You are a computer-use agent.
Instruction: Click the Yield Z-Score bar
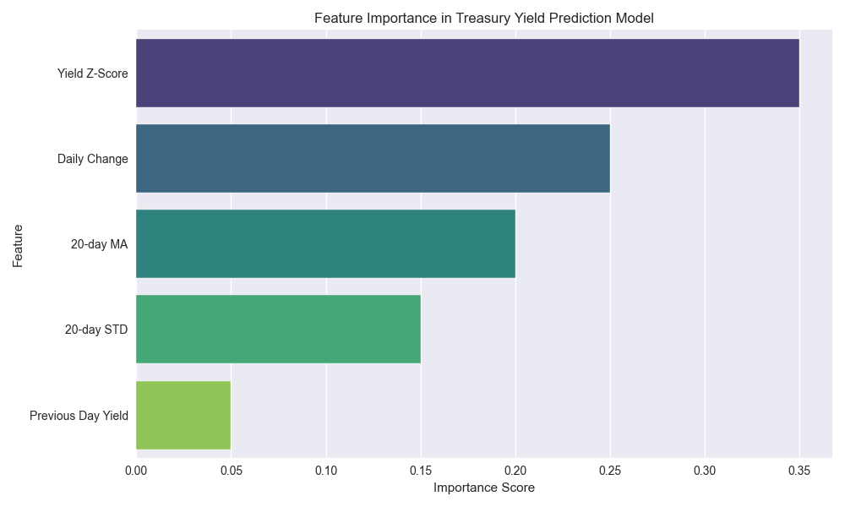point(467,73)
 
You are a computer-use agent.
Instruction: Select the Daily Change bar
point(373,158)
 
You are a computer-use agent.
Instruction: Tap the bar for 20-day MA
point(325,243)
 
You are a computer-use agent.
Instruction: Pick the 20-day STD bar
point(278,329)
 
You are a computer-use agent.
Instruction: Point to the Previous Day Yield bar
point(183,415)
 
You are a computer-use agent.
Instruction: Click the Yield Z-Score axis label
point(93,74)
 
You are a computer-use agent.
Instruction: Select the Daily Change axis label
point(93,159)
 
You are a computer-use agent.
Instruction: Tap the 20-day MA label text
point(100,244)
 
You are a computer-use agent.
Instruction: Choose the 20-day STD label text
point(96,330)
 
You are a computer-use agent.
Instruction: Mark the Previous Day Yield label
point(79,416)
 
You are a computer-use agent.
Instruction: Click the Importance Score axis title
point(484,488)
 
